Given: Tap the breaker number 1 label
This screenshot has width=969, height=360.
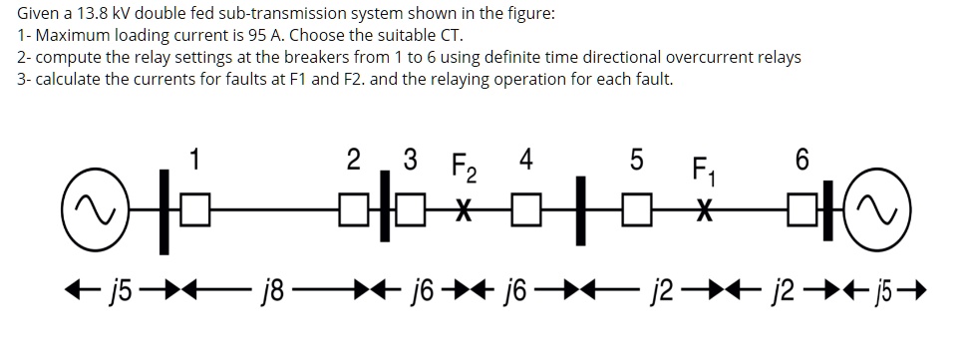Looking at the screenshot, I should coord(195,158).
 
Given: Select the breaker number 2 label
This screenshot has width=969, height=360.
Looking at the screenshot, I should coord(353,160).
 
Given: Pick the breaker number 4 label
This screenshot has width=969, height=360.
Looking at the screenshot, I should coord(525,160).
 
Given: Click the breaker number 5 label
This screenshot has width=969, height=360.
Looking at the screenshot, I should coord(638,160).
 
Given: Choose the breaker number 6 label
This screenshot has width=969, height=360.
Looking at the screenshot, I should coord(804,160).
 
